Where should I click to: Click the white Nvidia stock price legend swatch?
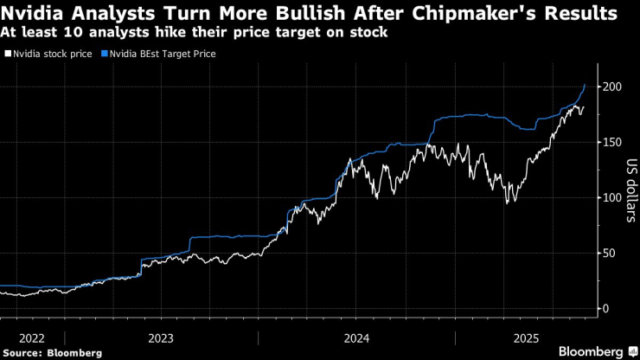pos(8,54)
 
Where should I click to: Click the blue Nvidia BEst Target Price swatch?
pos(105,54)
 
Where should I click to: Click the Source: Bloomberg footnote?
pos(53,352)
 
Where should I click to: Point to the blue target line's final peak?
pos(586,84)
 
